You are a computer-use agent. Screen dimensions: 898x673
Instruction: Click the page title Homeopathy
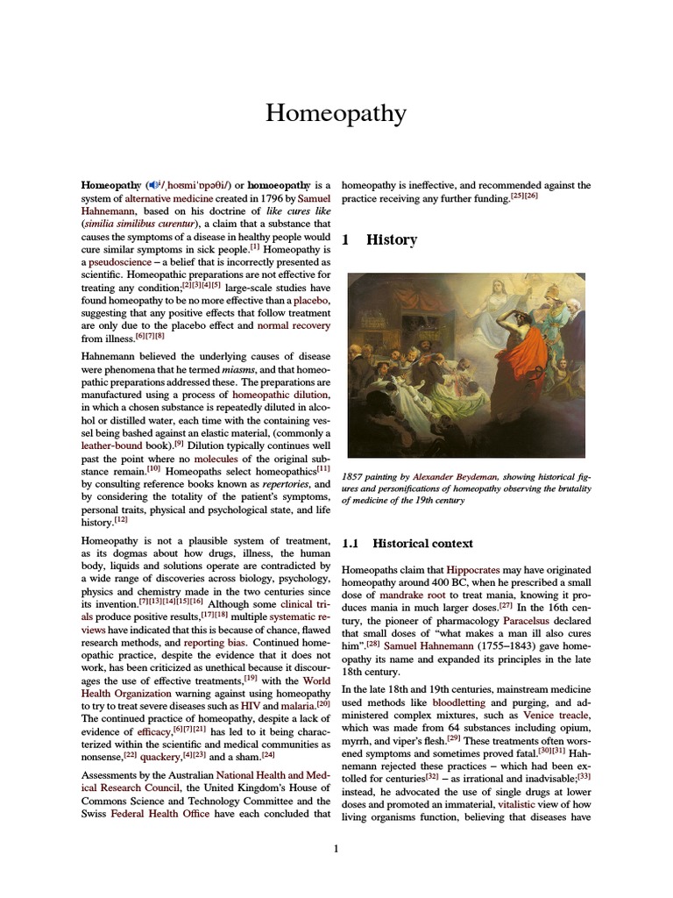[x=336, y=114]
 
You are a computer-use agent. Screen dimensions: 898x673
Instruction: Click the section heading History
[x=391, y=239]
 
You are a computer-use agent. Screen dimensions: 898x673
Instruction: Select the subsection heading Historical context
[x=423, y=544]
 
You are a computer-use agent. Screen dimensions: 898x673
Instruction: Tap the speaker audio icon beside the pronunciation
[x=153, y=185]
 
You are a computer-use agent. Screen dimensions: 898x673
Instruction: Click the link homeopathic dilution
[x=281, y=395]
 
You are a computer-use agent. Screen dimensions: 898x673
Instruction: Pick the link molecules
[x=216, y=457]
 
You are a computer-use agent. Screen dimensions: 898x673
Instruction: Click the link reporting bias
[x=215, y=642]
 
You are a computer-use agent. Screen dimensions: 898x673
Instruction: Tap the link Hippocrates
[x=474, y=570]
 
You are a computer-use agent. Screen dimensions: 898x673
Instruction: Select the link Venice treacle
[x=556, y=716]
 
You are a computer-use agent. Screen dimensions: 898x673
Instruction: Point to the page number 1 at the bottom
[x=336, y=848]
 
